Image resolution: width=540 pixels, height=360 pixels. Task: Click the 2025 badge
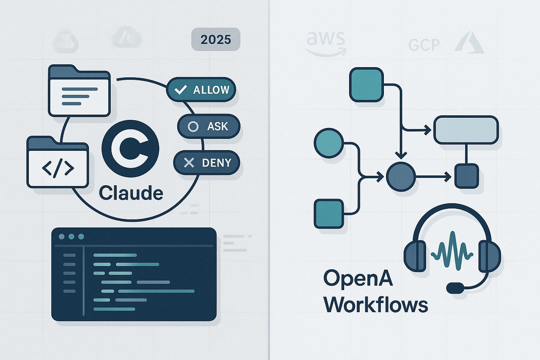[x=216, y=39]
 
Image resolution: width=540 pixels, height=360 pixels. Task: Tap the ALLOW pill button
[x=201, y=90]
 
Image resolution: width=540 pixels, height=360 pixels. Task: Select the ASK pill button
[x=208, y=126]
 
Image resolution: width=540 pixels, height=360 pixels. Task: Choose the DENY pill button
[x=207, y=162]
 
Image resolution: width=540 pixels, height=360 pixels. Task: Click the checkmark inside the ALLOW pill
[x=180, y=90]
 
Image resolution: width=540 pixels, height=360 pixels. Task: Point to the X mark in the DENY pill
[x=189, y=162]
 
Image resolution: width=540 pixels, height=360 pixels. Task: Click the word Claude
[x=131, y=193]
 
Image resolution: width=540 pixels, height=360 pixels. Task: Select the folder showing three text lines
[x=79, y=91]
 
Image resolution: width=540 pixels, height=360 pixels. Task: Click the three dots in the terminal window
[x=71, y=237]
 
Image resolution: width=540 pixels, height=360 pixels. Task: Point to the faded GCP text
[x=424, y=45]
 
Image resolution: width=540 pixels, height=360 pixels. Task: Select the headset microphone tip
[x=455, y=288]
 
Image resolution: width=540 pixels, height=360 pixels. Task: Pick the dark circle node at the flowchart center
[x=401, y=177]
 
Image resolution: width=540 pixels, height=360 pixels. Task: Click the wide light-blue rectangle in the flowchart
[x=466, y=130]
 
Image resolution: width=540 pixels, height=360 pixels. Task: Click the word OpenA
[x=358, y=279]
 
